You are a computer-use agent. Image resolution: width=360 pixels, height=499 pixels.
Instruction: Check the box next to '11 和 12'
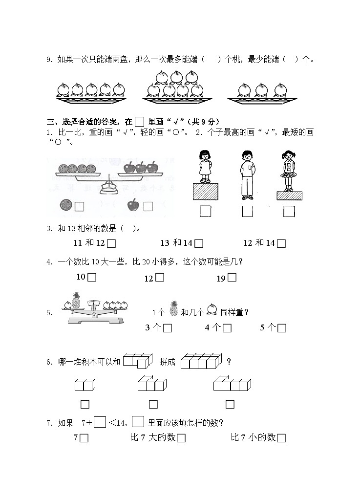[x=111, y=243]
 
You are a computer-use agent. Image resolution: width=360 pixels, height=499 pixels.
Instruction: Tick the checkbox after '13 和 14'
[x=198, y=243]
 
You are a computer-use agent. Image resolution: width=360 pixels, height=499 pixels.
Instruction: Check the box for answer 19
[x=232, y=278]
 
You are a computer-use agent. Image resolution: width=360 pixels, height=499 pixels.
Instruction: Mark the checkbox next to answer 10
[x=92, y=277]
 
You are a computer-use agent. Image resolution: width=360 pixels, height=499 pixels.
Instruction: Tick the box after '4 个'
[x=227, y=328]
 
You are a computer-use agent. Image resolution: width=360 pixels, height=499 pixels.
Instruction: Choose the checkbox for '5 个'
[x=281, y=328]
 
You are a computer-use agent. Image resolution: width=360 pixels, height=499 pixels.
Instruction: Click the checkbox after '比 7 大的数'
[x=181, y=438]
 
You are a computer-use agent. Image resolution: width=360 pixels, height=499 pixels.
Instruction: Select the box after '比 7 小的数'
[x=281, y=438]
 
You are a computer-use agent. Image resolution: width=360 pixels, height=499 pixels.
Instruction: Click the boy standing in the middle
[x=248, y=175]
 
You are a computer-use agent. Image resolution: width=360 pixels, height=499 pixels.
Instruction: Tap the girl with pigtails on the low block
[x=289, y=171]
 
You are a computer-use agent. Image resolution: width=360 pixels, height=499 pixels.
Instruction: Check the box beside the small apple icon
[x=148, y=206]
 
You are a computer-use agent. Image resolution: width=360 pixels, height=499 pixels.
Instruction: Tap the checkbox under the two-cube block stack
[x=85, y=404]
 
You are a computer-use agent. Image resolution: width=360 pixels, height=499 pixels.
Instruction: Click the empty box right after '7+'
[x=100, y=421]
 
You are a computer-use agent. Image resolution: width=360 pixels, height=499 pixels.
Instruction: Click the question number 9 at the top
[x=49, y=60]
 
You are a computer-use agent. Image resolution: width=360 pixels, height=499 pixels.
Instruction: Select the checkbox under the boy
[x=247, y=211]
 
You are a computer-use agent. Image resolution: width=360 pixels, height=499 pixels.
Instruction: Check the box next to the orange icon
[x=80, y=206]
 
